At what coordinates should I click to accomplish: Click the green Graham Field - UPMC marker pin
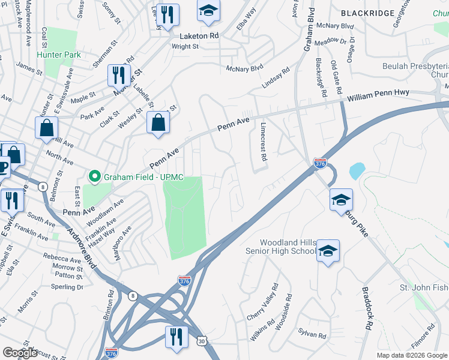94,176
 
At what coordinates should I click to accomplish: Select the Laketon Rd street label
195,36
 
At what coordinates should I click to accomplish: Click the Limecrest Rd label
263,142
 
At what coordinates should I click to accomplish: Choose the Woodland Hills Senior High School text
280,246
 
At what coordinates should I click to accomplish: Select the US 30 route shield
202,341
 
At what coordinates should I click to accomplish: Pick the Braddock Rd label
367,307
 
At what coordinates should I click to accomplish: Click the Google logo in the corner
20,353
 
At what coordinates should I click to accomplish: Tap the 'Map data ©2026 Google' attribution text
412,355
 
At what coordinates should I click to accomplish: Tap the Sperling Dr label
67,287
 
